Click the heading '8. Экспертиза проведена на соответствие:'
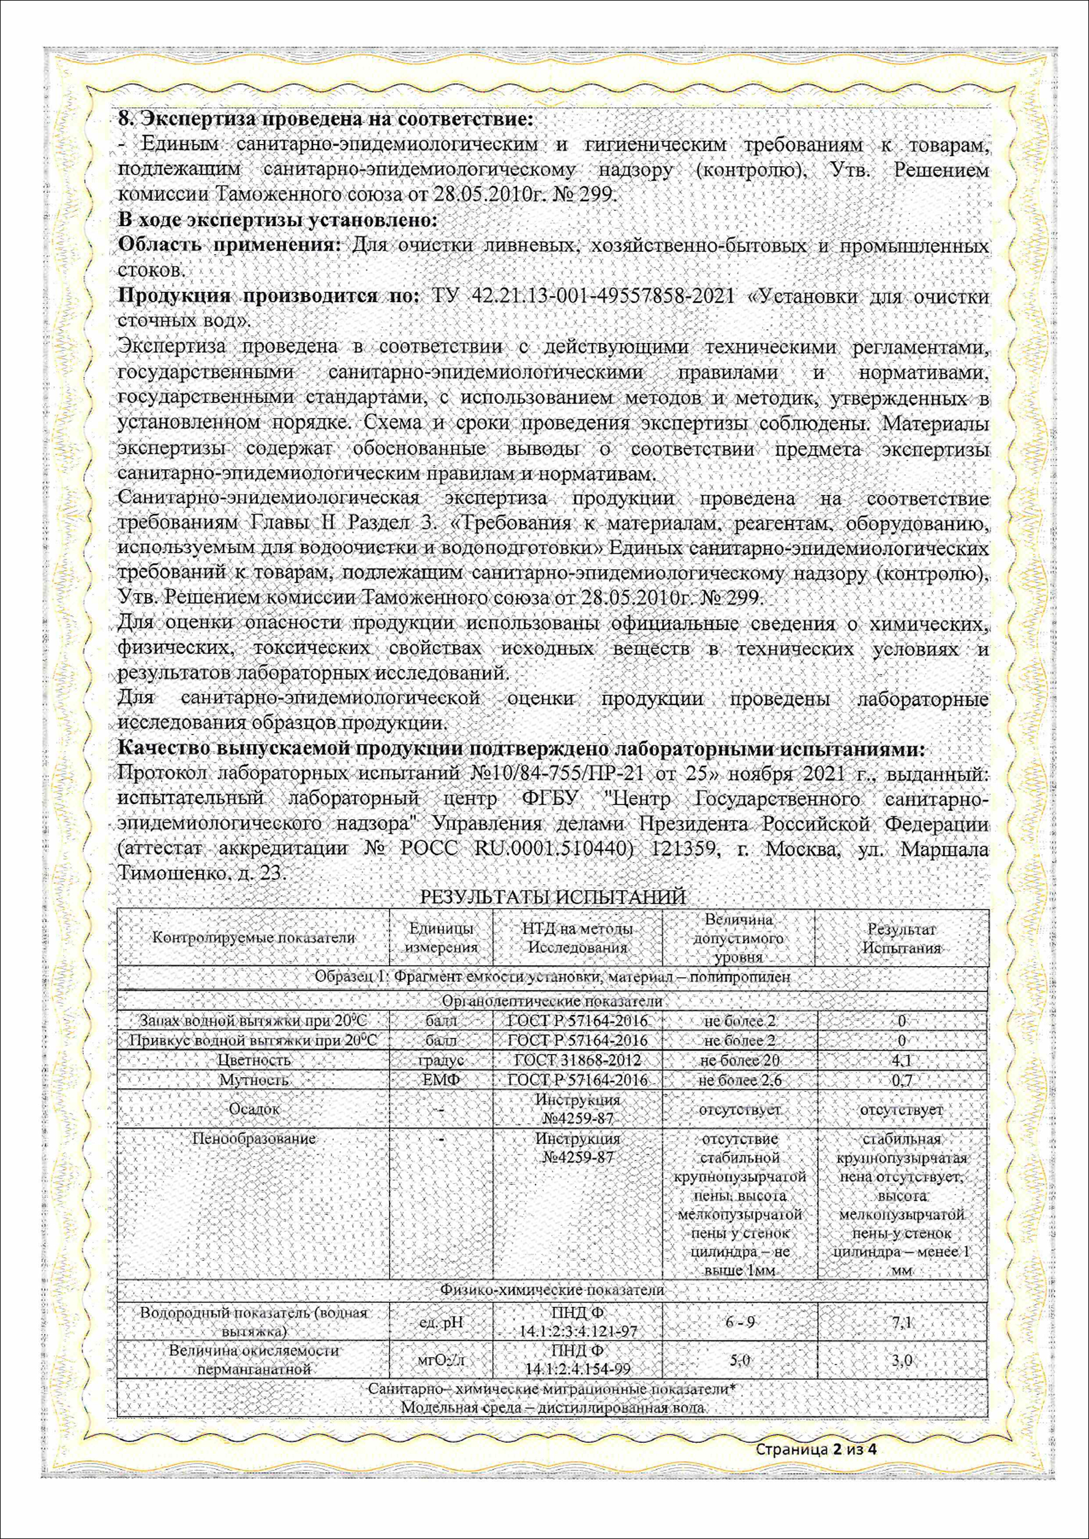[325, 119]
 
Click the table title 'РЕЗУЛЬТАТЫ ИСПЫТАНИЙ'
[552, 898]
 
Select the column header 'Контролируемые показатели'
[253, 937]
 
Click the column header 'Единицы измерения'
[441, 937]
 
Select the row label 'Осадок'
[254, 1108]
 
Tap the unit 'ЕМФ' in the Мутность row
[441, 1080]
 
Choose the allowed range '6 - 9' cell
[740, 1322]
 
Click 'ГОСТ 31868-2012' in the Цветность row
[578, 1060]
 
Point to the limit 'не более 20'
[740, 1060]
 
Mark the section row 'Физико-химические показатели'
[552, 1290]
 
